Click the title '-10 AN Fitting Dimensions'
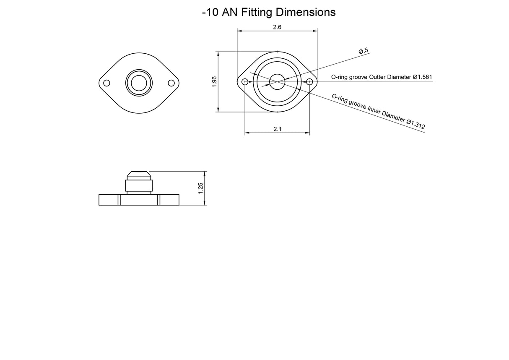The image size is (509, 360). pos(268,12)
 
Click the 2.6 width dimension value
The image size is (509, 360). pos(277,27)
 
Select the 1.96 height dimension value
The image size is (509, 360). pos(214,81)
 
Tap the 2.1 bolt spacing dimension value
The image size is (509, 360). pos(277,129)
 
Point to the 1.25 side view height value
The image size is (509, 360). pos(201,188)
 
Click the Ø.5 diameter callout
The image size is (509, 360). pos(363,51)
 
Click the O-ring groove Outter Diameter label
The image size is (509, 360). pos(382,77)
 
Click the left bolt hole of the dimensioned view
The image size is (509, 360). pos(245,82)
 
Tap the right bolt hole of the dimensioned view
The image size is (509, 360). pos(309,82)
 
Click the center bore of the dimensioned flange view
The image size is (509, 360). pos(277,81)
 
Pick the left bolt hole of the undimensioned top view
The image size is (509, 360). pos(106,83)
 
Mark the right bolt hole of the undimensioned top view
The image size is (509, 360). pos(171,83)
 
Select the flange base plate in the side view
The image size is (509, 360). pos(139,200)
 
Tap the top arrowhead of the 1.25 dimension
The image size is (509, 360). pos(205,173)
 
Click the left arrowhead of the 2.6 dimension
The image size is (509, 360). pos(239,31)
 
